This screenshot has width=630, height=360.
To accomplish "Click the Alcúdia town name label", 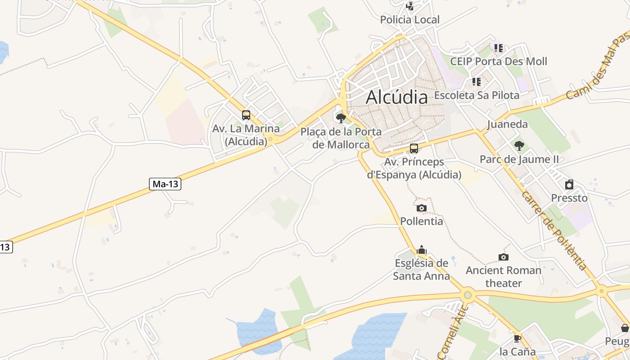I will (396, 97).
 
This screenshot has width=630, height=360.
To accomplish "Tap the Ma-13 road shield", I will (165, 184).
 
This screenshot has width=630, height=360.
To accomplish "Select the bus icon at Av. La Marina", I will (246, 115).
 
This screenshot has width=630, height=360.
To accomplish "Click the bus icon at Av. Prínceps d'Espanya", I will (414, 148).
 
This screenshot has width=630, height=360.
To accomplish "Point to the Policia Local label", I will (409, 20).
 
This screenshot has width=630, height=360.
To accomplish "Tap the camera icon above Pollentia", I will (421, 208).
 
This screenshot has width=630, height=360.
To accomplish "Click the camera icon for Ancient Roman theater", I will (503, 257).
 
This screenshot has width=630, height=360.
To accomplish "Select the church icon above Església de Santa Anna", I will (421, 250).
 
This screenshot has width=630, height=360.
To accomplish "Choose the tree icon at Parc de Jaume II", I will (519, 145).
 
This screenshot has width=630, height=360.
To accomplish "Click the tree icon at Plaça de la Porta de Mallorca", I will (341, 118).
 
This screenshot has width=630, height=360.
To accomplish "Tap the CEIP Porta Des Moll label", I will (499, 61).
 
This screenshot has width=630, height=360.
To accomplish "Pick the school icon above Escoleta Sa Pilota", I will (476, 82).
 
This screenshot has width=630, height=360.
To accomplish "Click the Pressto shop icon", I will (569, 184).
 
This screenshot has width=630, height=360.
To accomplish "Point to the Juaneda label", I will (507, 124).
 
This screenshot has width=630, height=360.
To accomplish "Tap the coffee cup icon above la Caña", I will (517, 338).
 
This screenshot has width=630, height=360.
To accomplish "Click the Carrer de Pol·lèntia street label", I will (554, 230).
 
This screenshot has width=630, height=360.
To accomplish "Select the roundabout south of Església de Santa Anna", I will (468, 295).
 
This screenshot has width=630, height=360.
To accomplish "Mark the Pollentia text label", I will (422, 221).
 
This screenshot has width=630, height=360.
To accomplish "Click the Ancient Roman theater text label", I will (503, 277).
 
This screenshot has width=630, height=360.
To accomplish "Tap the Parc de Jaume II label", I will (519, 159).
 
